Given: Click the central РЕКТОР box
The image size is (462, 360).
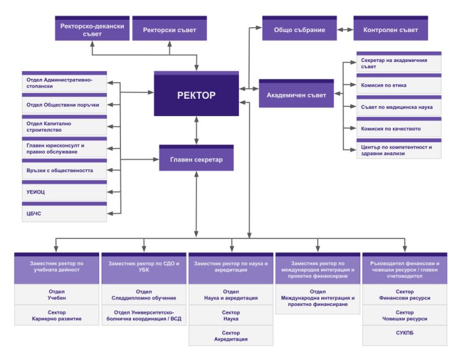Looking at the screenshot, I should point(196,94).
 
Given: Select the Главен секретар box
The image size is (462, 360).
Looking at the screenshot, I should point(196,158).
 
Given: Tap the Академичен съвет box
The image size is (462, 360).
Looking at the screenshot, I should point(296,94).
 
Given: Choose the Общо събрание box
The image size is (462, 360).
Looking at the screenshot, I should point(299,29).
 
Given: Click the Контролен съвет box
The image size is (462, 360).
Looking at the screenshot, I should point(390,29).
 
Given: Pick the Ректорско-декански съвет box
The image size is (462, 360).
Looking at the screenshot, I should point(92,29).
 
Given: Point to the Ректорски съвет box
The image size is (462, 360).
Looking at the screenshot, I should point(169,29).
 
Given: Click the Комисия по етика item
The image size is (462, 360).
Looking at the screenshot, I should point(399,85).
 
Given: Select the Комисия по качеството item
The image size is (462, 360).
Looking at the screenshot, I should point(399,128).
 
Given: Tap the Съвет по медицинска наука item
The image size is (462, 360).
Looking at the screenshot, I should point(399,107).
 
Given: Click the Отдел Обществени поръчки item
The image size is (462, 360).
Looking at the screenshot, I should point(64,105).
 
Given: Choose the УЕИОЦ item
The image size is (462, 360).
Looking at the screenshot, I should point(64,192).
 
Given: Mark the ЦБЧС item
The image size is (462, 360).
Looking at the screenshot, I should point(64,213).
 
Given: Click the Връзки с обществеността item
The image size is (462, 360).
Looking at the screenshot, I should point(64,170).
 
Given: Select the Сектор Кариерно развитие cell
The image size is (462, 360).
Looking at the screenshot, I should point(57,315).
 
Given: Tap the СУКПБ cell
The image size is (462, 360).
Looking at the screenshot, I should point(404,333).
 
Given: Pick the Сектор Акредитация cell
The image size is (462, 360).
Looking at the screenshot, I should point(230,335).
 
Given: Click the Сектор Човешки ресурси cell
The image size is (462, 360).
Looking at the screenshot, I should point(404,315).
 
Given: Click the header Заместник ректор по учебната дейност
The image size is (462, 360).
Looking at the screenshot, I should point(57,267).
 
